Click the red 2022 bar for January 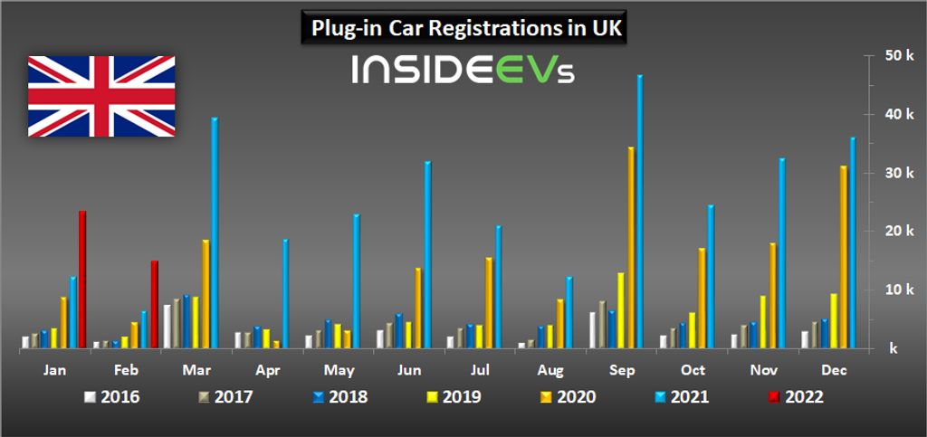pos(82,280)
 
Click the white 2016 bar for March pos(167,326)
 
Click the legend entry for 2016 pos(111,396)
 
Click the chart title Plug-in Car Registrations pos(463,28)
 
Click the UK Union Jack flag pos(100,96)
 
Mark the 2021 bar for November pos(782,252)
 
